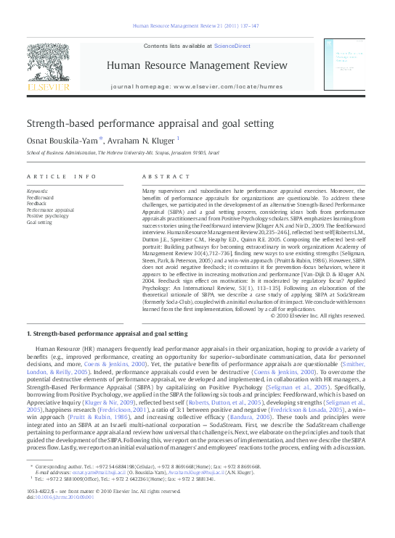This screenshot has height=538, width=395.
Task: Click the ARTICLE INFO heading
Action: pos(61,176)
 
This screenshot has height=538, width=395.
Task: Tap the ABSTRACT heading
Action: pos(160,176)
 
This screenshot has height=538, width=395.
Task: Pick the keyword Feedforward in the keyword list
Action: pos(41,197)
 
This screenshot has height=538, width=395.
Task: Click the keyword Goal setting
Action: pos(41,223)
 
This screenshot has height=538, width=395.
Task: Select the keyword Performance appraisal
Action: pos(50,210)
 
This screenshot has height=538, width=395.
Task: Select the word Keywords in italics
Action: pos(37,191)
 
